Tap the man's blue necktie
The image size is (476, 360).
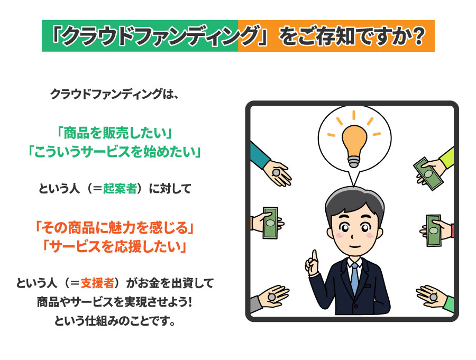click(x=354, y=278)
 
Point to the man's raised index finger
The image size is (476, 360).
click(x=315, y=256)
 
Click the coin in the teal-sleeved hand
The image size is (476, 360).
click(x=276, y=173)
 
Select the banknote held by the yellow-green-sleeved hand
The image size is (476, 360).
click(x=428, y=173)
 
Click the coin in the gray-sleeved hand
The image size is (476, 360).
click(x=272, y=296)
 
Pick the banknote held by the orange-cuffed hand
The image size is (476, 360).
click(x=270, y=223)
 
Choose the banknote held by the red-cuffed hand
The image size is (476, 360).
click(x=434, y=230)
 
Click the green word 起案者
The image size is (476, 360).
click(x=120, y=189)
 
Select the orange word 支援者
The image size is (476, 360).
click(x=97, y=283)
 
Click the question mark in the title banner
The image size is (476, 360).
click(x=419, y=36)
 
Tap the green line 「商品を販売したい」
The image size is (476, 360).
click(x=115, y=133)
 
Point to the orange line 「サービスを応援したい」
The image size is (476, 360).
click(x=115, y=246)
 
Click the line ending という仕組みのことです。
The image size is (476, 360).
click(x=115, y=320)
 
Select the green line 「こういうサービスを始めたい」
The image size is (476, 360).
click(x=115, y=152)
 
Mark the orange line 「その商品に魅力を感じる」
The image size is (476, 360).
click(x=115, y=227)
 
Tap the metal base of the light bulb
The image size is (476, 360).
click(x=354, y=161)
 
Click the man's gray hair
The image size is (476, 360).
click(x=354, y=201)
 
